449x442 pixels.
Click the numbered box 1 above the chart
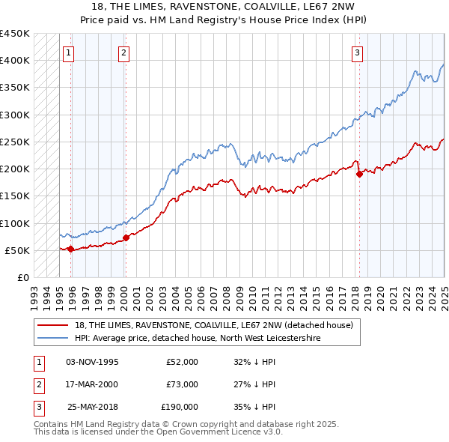pyautogui.click(x=68, y=52)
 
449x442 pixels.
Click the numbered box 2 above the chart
pyautogui.click(x=123, y=52)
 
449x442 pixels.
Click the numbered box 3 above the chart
pyautogui.click(x=358, y=52)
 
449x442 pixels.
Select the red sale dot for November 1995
pyautogui.click(x=70, y=249)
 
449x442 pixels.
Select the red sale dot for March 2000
pyautogui.click(x=126, y=237)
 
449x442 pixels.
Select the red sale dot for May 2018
pyautogui.click(x=359, y=175)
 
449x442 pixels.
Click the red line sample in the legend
pyautogui.click(x=54, y=324)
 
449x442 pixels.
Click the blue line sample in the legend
pyautogui.click(x=54, y=339)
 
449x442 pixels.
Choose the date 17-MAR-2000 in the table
pyautogui.click(x=91, y=384)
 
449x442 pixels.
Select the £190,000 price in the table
pyautogui.click(x=180, y=407)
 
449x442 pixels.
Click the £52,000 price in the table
pyautogui.click(x=182, y=362)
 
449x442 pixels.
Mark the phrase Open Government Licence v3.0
pyautogui.click(x=220, y=432)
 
